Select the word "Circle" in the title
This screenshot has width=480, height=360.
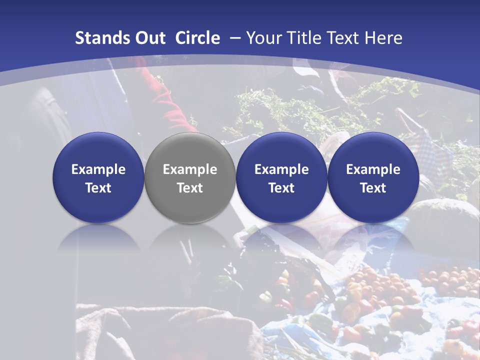[x=197, y=38]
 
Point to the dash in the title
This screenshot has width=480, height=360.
[x=235, y=38]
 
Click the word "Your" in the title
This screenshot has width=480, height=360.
[x=262, y=38]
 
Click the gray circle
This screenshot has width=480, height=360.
[x=190, y=177]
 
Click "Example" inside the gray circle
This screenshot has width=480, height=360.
[x=190, y=169]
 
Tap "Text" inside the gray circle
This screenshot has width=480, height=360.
[x=190, y=188]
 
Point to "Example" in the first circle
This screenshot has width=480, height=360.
[x=98, y=169]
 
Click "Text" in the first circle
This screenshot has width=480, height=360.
[x=98, y=188]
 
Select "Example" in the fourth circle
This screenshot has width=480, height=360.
[x=373, y=169]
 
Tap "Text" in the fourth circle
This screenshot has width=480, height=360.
[x=373, y=188]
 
